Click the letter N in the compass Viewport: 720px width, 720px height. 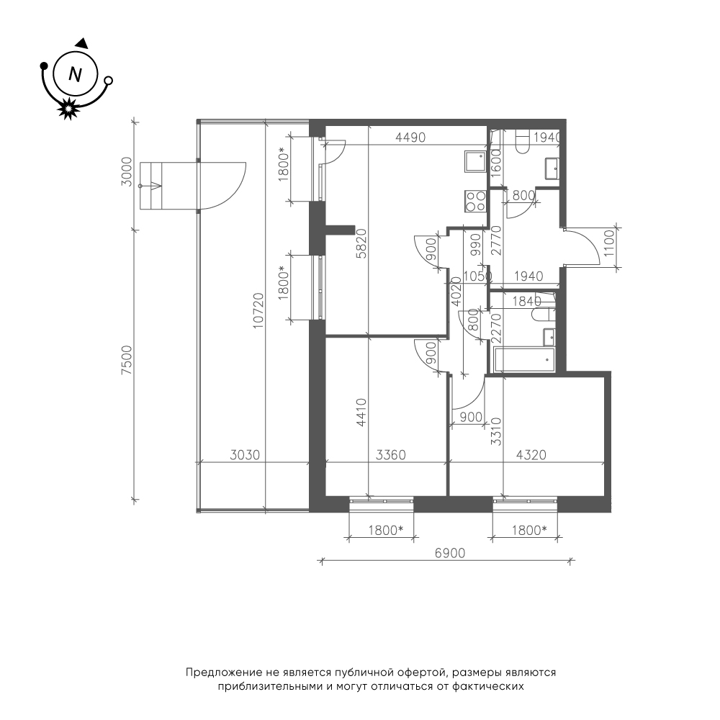click(x=75, y=73)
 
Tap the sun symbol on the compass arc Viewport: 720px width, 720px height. click(x=68, y=109)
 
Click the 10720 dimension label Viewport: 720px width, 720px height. click(x=259, y=310)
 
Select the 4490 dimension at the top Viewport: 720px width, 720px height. click(x=410, y=138)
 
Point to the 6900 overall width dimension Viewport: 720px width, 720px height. click(x=450, y=553)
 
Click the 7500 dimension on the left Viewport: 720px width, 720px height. click(x=127, y=360)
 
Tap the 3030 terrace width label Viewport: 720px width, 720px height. click(x=245, y=455)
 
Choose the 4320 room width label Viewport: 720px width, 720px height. click(x=531, y=455)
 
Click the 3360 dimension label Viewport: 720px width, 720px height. click(x=391, y=455)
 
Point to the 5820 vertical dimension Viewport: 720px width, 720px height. click(x=362, y=243)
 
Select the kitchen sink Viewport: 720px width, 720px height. click(x=475, y=161)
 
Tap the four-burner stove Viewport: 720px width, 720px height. click(x=475, y=201)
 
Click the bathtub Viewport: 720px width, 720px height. click(x=523, y=360)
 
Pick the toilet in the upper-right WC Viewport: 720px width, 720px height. click(x=523, y=142)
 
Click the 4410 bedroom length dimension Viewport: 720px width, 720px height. click(x=362, y=413)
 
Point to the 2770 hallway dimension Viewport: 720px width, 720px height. click(x=496, y=240)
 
